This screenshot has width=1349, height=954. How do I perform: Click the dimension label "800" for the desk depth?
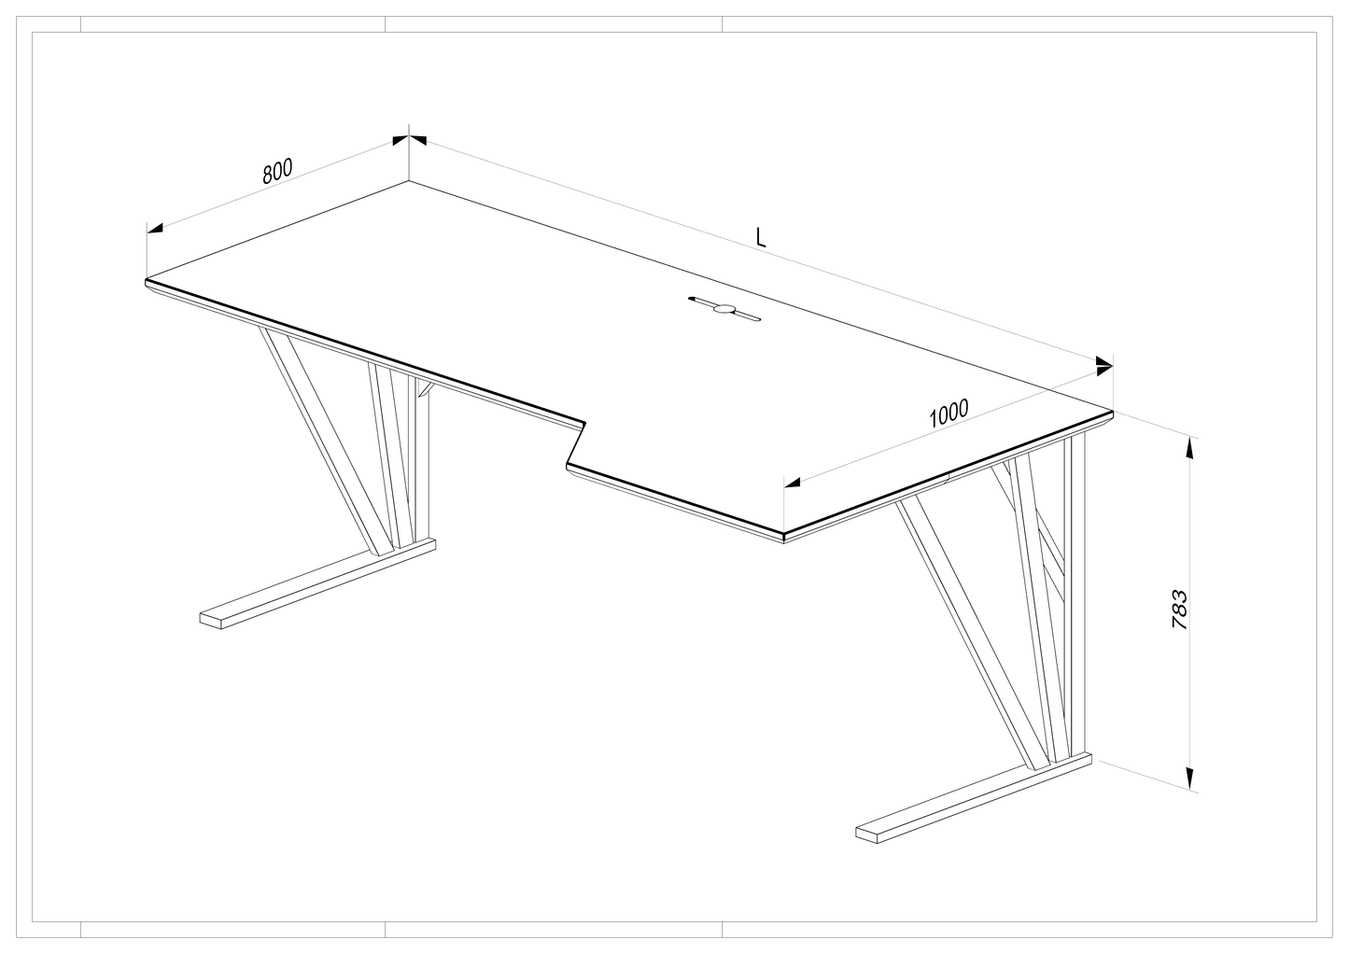coord(277,171)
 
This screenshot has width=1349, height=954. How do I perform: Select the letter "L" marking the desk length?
coord(761,237)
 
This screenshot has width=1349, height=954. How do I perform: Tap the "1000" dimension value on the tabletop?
coord(949,414)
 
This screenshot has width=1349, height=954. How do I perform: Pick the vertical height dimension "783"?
coord(1179,610)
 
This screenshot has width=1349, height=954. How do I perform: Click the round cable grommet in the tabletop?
coord(724,309)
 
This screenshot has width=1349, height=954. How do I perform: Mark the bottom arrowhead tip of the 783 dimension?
coord(1189,789)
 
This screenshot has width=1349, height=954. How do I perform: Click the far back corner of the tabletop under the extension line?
coord(409,181)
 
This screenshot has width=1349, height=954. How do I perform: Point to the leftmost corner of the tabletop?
coord(146,280)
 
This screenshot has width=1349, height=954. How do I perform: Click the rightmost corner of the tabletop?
coord(1112,413)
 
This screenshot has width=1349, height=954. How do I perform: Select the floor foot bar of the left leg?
coord(317,583)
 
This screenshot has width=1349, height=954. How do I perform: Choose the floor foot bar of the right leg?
coord(973,797)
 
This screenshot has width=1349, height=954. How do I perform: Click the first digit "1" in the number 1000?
coord(934,418)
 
